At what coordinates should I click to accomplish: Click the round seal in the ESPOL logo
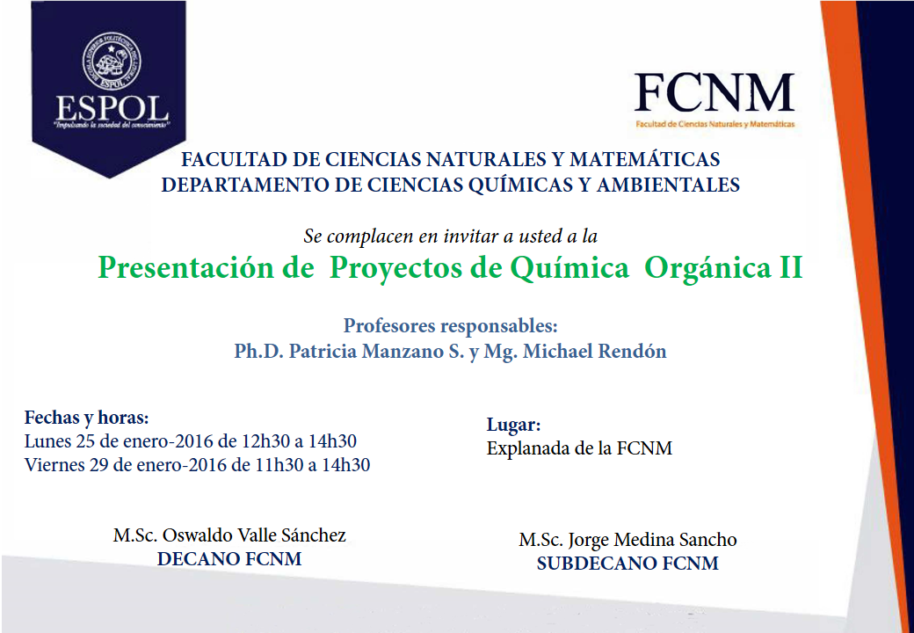(x=112, y=62)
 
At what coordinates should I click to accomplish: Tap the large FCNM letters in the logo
(x=715, y=93)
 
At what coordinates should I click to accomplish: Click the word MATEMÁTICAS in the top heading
(x=645, y=159)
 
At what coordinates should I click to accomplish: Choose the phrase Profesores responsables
(x=451, y=326)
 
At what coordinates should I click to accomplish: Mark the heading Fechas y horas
(x=87, y=418)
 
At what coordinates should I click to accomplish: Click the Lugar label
(x=513, y=426)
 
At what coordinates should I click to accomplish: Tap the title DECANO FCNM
(x=229, y=559)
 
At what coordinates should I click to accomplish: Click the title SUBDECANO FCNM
(x=627, y=564)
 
